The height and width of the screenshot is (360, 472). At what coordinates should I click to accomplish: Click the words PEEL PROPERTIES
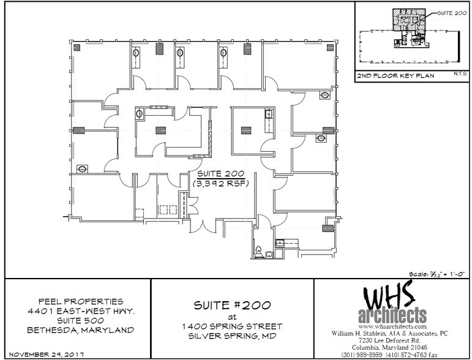(x=80, y=301)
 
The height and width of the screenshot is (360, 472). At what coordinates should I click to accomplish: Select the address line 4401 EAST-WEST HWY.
(x=80, y=310)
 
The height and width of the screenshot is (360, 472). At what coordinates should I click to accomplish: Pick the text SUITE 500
(x=80, y=320)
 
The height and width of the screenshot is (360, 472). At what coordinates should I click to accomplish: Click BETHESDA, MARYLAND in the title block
(x=80, y=330)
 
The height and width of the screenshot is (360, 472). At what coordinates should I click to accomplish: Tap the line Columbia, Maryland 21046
(x=392, y=347)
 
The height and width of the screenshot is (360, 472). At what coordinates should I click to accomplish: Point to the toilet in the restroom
(x=258, y=250)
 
